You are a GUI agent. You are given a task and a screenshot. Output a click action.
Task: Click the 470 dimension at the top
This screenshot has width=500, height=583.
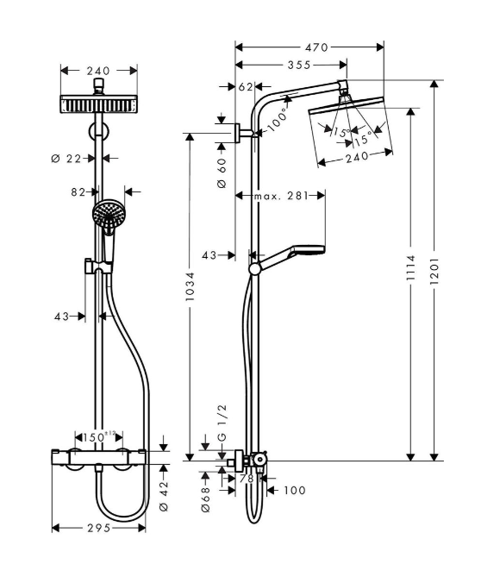316,47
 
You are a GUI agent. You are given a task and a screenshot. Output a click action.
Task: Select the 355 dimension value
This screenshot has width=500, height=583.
299,65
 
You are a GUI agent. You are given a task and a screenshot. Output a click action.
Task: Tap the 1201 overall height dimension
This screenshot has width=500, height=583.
434,270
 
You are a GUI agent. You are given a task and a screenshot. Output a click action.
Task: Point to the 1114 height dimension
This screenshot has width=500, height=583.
410,267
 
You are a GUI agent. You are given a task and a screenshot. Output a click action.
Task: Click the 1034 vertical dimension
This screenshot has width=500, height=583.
190,286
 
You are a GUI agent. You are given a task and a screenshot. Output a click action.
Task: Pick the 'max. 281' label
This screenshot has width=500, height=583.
281,196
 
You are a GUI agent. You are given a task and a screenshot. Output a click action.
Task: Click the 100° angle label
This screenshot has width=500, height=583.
278,120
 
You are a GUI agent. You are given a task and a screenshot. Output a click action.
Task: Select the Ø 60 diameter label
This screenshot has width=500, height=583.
222,172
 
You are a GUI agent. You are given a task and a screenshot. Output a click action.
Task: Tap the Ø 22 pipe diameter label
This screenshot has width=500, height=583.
66,159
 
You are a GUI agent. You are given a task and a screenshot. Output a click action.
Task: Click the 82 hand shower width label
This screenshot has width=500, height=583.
78,192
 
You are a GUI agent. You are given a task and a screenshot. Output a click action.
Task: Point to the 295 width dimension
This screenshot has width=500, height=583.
99,528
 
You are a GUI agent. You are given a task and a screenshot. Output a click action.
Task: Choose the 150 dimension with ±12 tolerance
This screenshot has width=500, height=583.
99,437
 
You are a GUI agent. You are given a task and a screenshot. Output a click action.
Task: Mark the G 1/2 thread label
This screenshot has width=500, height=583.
222,423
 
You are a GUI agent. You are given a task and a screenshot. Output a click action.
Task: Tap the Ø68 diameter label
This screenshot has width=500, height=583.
205,498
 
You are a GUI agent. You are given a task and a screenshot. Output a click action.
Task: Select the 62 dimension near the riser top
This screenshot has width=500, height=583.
246,87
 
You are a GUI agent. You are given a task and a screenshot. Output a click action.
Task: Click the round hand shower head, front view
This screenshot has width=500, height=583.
109,215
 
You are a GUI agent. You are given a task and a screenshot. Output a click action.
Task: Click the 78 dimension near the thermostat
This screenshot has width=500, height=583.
247,478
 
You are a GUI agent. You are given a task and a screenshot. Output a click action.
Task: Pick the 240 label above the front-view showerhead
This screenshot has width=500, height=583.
98,71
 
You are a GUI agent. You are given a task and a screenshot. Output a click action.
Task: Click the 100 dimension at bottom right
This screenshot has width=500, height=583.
295,491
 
